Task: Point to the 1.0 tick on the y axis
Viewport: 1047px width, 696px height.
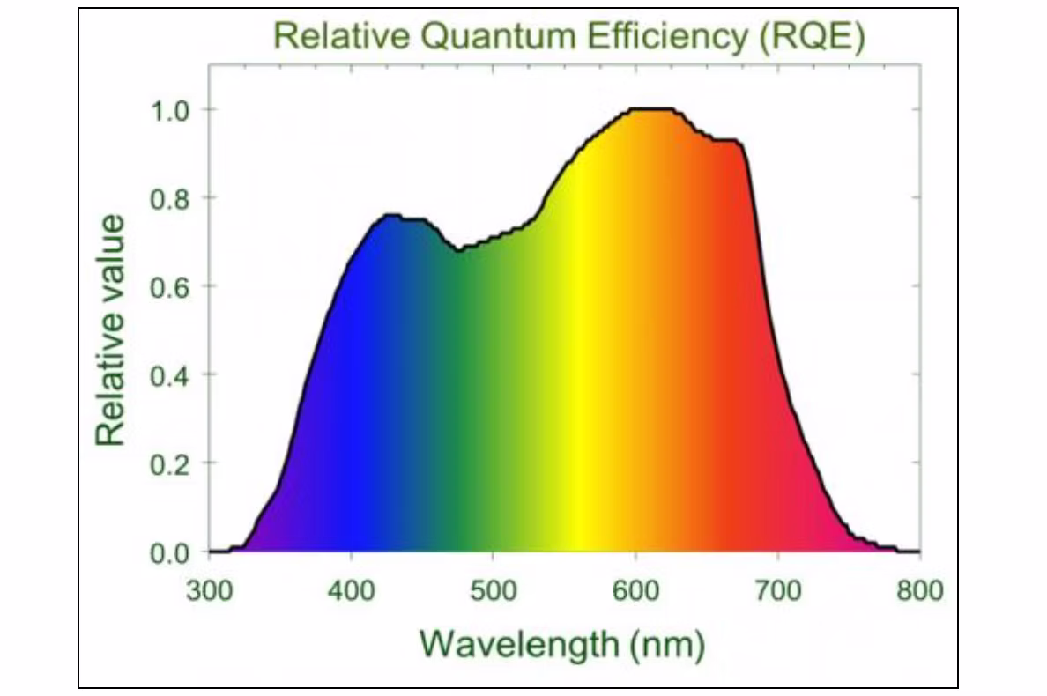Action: coord(170,109)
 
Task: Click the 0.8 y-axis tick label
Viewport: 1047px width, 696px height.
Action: coord(170,197)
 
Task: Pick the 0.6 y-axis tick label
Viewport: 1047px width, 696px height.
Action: coord(170,286)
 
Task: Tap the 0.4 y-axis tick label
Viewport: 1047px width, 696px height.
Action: coord(170,374)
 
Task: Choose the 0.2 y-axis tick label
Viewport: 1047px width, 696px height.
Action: coord(170,463)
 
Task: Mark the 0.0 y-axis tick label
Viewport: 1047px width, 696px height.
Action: coord(170,552)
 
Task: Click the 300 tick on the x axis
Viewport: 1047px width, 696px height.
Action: coord(210,589)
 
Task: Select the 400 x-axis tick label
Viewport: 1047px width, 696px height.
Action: coord(352,589)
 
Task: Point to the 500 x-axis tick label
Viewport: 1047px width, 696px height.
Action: coord(494,589)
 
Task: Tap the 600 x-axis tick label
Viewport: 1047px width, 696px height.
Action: coord(635,589)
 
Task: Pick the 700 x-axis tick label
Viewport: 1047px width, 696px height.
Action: coord(777,589)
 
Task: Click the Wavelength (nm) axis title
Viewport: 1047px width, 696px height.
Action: coord(562,644)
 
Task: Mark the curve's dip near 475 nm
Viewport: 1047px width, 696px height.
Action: coord(459,251)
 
